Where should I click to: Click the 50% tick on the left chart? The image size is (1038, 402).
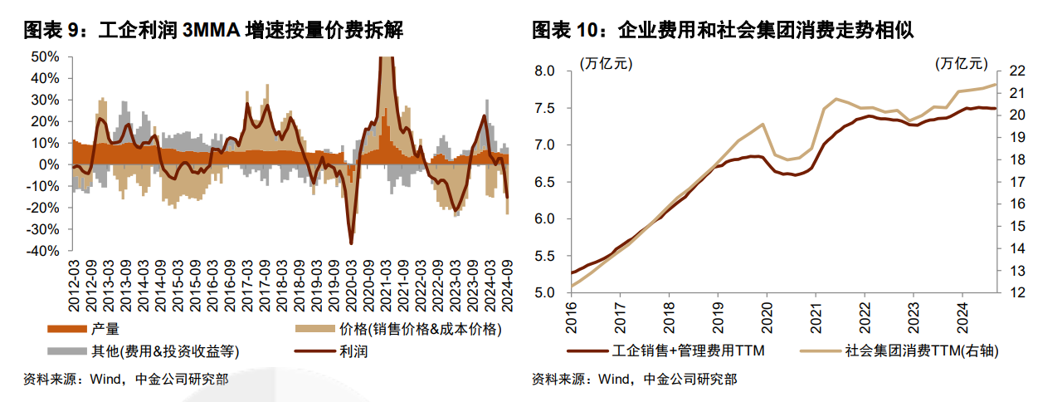(45, 57)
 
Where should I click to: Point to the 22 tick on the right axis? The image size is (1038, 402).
(1017, 71)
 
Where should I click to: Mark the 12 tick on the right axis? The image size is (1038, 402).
(1017, 292)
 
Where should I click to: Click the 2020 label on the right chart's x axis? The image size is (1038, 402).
(766, 306)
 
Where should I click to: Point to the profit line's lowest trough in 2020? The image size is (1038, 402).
(351, 243)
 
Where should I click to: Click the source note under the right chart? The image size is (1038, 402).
(634, 380)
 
